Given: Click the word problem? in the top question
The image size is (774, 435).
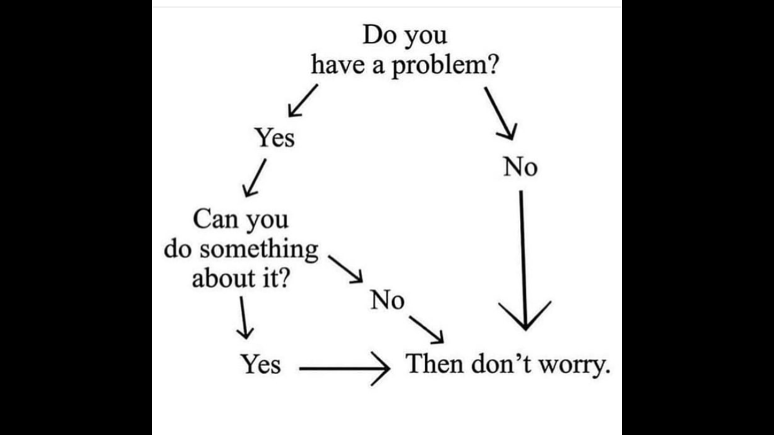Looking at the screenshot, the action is (446, 66).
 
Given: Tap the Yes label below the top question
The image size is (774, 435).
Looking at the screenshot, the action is (274, 137).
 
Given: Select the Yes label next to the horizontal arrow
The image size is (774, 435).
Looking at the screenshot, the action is (261, 364).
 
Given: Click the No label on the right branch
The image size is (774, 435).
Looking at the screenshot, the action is (520, 167).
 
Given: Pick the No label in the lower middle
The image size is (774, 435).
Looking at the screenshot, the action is (387, 299).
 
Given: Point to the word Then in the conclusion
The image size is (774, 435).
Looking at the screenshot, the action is (435, 364).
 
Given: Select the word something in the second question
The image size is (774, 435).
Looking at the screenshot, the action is (259, 251).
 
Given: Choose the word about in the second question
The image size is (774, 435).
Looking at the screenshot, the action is (223, 278).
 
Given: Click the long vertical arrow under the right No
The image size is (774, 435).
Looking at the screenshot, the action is (523, 260).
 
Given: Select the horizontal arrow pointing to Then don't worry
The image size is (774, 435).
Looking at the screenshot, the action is (345, 369).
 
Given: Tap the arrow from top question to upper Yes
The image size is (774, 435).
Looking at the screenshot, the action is (303, 100).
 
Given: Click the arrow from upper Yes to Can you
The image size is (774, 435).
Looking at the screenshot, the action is (255, 177).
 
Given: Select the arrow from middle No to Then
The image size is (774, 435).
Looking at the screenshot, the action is (426, 329).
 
